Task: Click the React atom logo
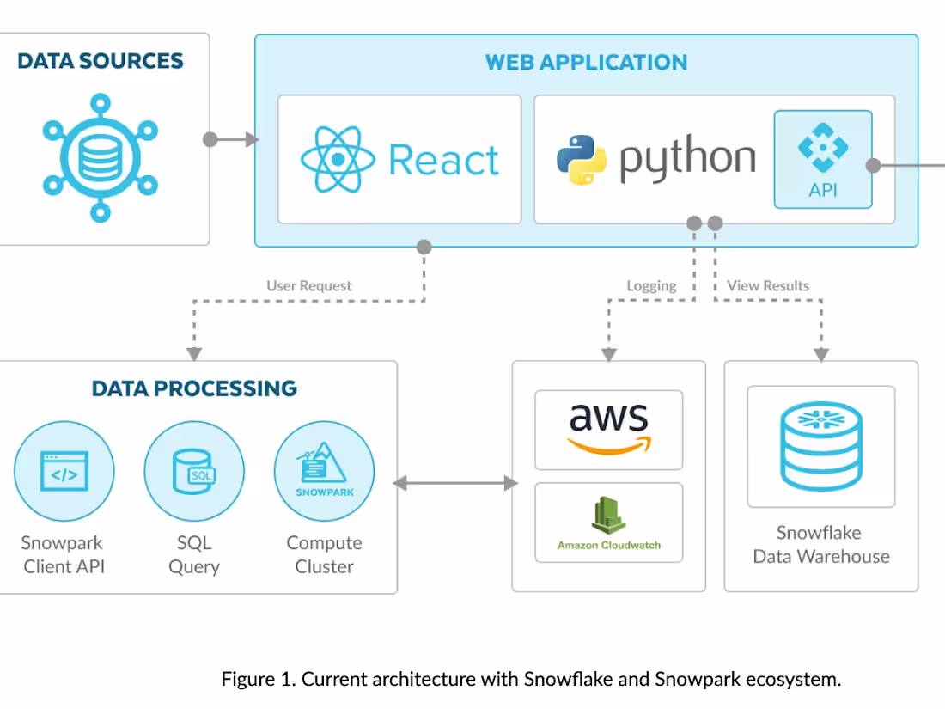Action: (338, 160)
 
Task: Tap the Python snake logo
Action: (582, 160)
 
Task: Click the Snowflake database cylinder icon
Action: (820, 446)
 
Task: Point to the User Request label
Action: (308, 286)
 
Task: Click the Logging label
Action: (650, 286)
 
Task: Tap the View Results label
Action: (767, 286)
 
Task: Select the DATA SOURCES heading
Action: (101, 61)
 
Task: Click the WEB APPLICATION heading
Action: (586, 63)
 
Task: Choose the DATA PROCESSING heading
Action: (194, 388)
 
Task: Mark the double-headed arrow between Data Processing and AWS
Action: (455, 484)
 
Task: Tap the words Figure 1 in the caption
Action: (257, 679)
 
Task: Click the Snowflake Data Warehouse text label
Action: (820, 544)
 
